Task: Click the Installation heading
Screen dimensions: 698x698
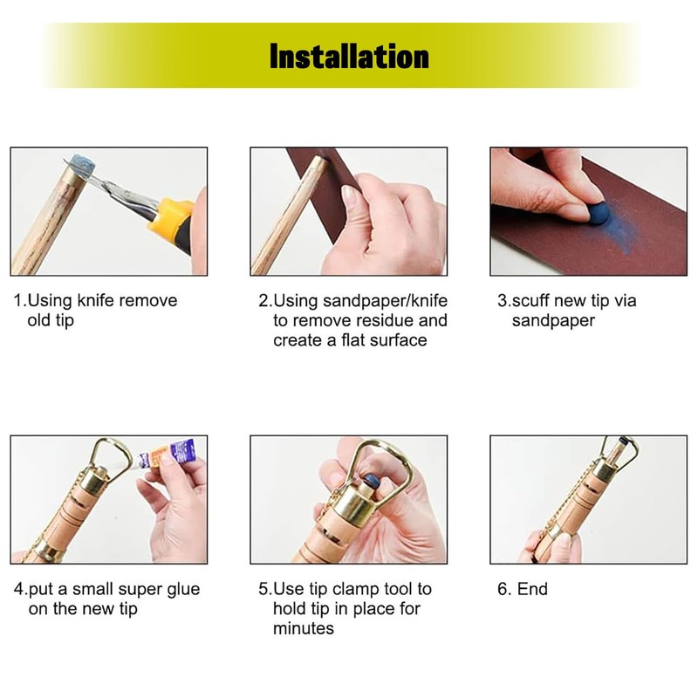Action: tap(349, 58)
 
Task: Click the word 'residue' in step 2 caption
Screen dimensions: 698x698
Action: tap(393, 320)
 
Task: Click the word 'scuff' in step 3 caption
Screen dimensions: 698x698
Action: tap(535, 301)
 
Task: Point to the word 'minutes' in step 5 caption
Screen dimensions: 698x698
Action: tap(303, 628)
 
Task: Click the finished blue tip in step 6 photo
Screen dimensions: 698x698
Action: tap(621, 444)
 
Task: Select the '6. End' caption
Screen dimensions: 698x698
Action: tap(523, 590)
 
